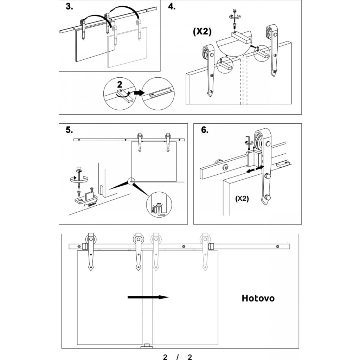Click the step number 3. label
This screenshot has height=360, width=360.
(69, 7)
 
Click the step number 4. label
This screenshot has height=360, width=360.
(172, 7)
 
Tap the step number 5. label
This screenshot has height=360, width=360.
(69, 130)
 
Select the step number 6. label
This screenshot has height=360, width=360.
(204, 130)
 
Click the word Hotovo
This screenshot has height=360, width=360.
(258, 298)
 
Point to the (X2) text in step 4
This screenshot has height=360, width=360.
(202, 31)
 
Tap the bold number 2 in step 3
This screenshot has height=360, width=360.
(120, 84)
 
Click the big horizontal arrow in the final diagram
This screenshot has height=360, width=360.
(148, 297)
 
